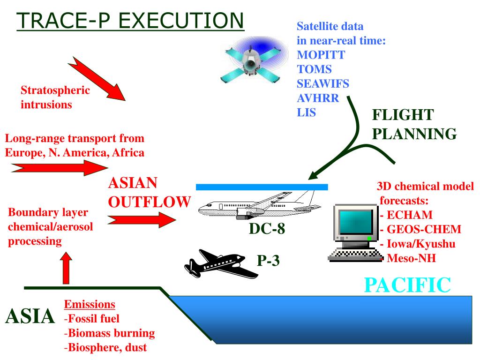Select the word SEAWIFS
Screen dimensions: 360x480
(x=323, y=84)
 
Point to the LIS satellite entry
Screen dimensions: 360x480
(x=307, y=113)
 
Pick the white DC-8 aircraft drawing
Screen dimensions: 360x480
(x=258, y=207)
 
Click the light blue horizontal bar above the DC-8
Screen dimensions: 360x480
(x=262, y=187)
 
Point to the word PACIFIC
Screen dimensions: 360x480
(x=408, y=285)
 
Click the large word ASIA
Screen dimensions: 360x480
(x=30, y=317)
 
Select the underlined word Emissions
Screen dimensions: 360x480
(x=90, y=304)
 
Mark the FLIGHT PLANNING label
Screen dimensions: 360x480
(x=414, y=124)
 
